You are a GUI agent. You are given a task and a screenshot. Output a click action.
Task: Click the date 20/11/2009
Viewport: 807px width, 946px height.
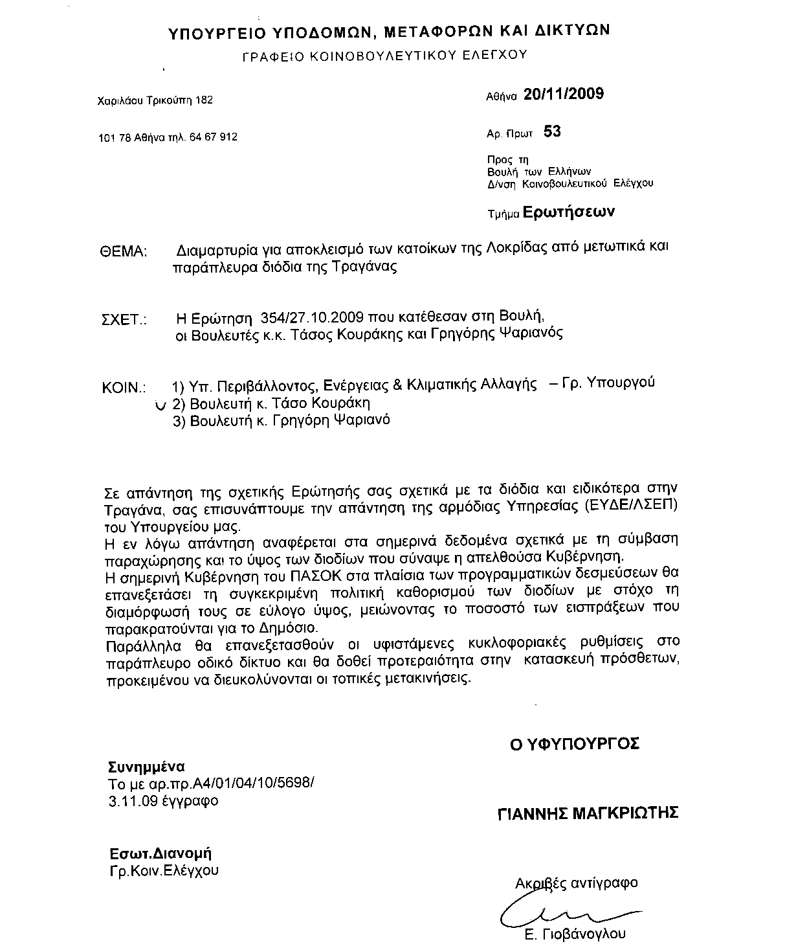coord(563,94)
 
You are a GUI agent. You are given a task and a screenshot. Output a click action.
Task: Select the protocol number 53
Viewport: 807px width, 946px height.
coord(552,132)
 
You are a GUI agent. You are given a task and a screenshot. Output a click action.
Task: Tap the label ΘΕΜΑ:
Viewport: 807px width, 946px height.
coord(125,252)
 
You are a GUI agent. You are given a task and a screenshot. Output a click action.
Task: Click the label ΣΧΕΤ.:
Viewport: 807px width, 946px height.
coord(124,320)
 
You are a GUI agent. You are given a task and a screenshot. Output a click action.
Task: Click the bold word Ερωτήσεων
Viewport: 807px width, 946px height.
coord(568,212)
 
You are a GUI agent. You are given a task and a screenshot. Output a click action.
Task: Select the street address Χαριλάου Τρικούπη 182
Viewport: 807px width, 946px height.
coord(155,100)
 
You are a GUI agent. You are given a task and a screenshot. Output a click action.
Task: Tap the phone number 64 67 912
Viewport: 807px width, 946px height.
coord(213,137)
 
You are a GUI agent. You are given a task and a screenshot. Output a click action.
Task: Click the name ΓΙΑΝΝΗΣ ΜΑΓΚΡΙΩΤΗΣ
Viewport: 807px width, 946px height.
coord(588,813)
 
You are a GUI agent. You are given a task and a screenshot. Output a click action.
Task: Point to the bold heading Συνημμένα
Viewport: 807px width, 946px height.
coord(146,767)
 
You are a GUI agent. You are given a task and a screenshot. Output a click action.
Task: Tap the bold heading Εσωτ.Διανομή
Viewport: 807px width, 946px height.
coord(160,853)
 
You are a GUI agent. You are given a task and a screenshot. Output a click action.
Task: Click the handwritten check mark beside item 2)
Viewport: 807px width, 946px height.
coord(160,405)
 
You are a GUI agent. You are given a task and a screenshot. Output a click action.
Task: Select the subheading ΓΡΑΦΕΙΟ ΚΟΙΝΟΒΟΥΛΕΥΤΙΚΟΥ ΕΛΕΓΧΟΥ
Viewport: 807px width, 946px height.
coord(384,56)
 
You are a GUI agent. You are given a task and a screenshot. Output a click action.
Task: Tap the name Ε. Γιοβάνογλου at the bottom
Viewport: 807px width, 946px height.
coord(576,934)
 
